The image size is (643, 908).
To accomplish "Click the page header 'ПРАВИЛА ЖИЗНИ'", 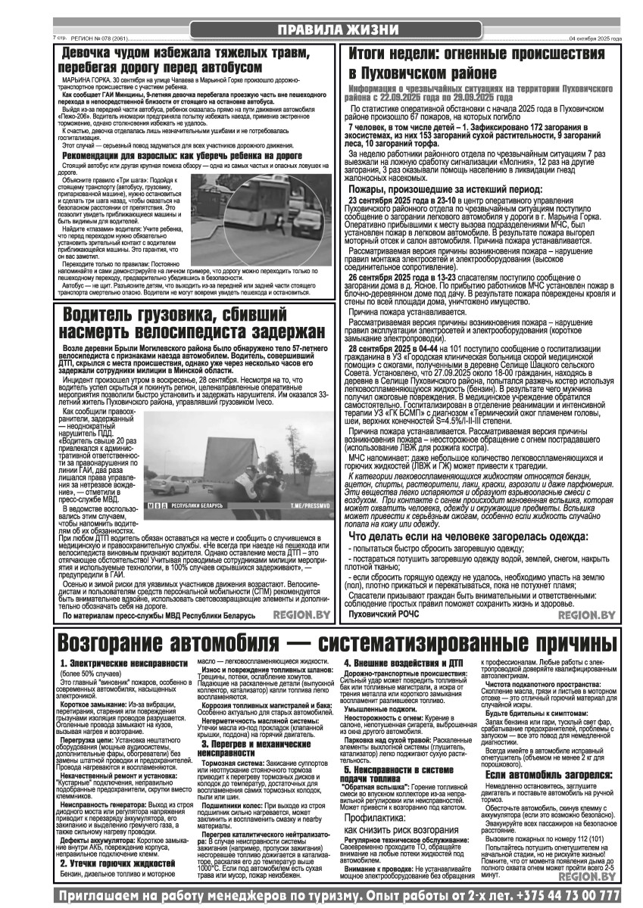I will (x=336, y=29).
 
